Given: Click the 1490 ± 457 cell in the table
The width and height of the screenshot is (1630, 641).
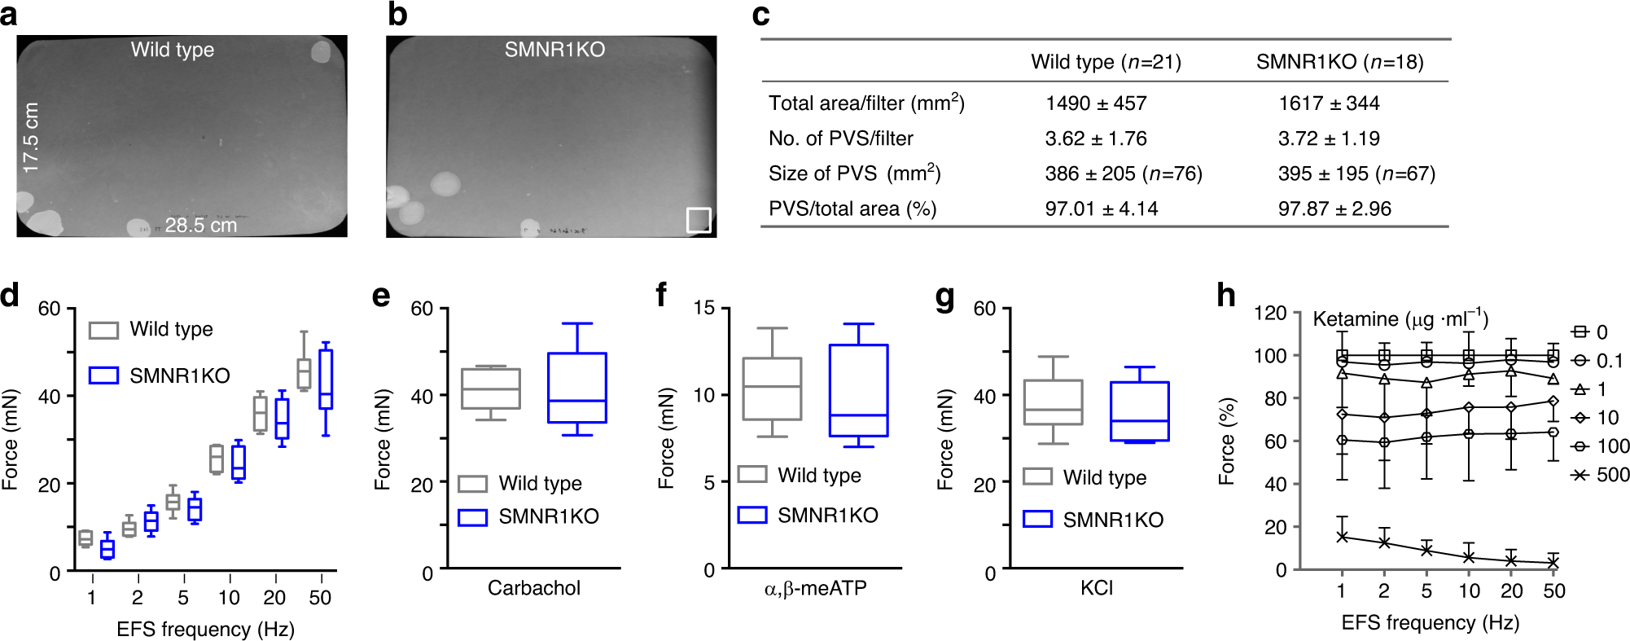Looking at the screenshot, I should pyautogui.click(x=1096, y=103).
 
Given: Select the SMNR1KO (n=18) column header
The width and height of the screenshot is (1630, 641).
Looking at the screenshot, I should pyautogui.click(x=1339, y=62).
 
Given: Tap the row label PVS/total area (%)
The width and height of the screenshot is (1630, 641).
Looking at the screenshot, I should pyautogui.click(x=852, y=209).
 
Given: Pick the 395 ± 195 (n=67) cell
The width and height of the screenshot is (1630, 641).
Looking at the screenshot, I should pyautogui.click(x=1356, y=173).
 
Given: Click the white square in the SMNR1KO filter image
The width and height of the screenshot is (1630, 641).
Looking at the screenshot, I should pyautogui.click(x=699, y=219).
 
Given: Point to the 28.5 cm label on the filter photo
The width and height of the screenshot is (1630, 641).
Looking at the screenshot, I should pyautogui.click(x=200, y=226).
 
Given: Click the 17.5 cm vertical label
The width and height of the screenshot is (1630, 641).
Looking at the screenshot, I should pyautogui.click(x=31, y=137).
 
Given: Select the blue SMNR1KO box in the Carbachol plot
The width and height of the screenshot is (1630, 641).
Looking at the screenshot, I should pyautogui.click(x=576, y=387).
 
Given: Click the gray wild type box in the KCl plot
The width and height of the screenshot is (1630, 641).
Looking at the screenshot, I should pyautogui.click(x=1053, y=402).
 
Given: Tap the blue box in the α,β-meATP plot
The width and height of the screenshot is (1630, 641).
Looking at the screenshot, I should pyautogui.click(x=858, y=390).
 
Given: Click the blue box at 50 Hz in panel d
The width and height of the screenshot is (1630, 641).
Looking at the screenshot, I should pyautogui.click(x=325, y=379).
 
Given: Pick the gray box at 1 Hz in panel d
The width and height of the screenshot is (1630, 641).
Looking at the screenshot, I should pyautogui.click(x=85, y=538).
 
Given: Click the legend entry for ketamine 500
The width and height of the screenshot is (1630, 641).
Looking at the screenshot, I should pyautogui.click(x=1600, y=475).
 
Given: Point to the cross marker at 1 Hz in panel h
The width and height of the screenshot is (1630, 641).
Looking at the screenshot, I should pyautogui.click(x=1342, y=537).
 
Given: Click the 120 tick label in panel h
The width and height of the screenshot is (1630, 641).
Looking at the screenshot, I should pyautogui.click(x=1270, y=313).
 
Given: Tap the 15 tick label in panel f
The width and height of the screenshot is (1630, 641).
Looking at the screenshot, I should pyautogui.click(x=703, y=308).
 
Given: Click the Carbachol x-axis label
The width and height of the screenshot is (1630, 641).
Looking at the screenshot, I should pyautogui.click(x=534, y=588).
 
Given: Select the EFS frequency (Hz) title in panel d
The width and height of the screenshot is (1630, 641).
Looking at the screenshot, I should pyautogui.click(x=205, y=629).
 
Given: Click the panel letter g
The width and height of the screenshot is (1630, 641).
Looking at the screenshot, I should pyautogui.click(x=945, y=296).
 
